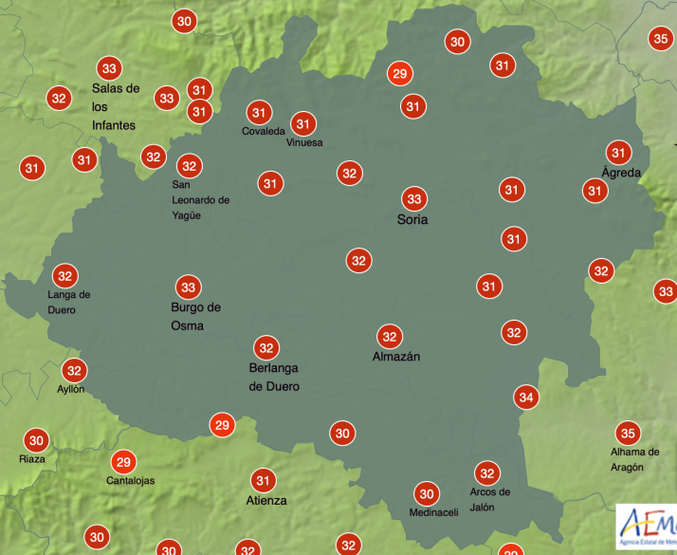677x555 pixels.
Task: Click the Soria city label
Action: pyautogui.click(x=412, y=220)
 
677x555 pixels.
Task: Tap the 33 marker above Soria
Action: pyautogui.click(x=413, y=199)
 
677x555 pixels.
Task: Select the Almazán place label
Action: pyautogui.click(x=396, y=357)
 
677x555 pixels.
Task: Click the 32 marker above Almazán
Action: pyautogui.click(x=389, y=336)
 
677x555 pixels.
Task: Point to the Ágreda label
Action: pyautogui.click(x=621, y=173)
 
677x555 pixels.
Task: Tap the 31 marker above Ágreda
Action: pyautogui.click(x=619, y=153)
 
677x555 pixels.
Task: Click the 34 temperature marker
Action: pyautogui.click(x=526, y=398)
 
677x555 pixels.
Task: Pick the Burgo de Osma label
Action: pyautogui.click(x=195, y=316)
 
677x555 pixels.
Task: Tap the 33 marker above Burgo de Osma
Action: pyautogui.click(x=188, y=287)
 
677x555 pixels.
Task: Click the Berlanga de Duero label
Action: pyautogui.click(x=274, y=378)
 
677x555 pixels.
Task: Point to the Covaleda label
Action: pyautogui.click(x=263, y=132)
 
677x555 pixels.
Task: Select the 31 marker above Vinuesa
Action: pyautogui.click(x=303, y=123)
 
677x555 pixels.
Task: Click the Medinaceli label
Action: pyautogui.click(x=433, y=513)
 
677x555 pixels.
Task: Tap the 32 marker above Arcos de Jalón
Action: pyautogui.click(x=487, y=473)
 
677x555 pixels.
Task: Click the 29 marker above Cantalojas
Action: pyautogui.click(x=122, y=462)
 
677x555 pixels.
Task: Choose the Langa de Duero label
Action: pyautogui.click(x=68, y=303)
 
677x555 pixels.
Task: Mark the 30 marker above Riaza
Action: pyautogui.click(x=36, y=440)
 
